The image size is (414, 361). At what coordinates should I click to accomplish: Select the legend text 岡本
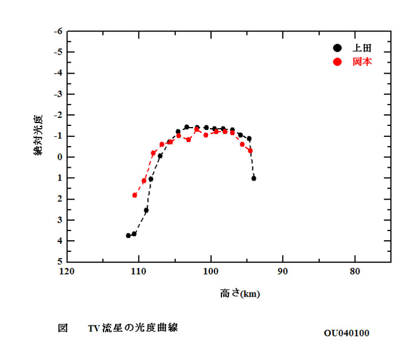point(362,62)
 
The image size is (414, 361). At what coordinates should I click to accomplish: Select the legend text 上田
point(362,48)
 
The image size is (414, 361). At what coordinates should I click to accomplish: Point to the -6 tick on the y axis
point(57,31)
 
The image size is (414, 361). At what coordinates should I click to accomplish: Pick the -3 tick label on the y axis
point(57,94)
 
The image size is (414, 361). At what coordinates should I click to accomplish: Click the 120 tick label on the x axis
point(67,272)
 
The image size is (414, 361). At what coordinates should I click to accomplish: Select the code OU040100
point(346,333)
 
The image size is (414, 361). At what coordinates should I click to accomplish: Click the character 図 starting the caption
point(63,328)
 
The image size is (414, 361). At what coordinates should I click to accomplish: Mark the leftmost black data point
point(128,236)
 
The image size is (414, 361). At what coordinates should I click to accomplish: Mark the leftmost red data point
point(135,195)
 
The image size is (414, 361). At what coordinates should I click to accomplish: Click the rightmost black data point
point(254,178)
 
